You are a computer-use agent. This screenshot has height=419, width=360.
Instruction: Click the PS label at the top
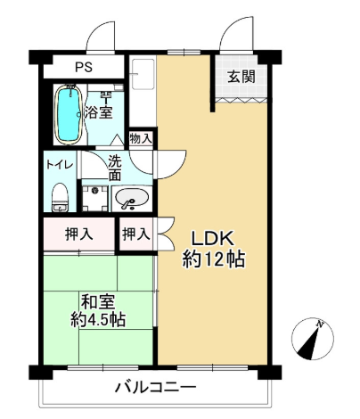tap(84, 67)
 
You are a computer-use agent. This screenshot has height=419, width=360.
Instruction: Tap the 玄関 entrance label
tap(241, 77)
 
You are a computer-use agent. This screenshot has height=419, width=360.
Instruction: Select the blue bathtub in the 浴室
tap(70, 114)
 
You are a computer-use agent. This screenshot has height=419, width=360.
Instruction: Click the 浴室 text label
tap(99, 112)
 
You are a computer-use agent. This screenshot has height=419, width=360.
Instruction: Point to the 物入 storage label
tap(141, 138)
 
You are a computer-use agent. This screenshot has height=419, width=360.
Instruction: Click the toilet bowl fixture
tap(61, 197)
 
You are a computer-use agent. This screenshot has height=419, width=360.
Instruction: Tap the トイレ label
tap(60, 165)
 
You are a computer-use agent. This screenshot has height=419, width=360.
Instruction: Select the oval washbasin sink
tap(132, 198)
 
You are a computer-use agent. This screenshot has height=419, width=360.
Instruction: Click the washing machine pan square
tap(94, 199)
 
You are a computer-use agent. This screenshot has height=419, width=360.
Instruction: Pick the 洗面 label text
tap(115, 168)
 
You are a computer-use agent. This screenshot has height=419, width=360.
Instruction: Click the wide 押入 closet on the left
tap(79, 234)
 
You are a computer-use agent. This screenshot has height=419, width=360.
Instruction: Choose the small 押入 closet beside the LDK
tap(136, 234)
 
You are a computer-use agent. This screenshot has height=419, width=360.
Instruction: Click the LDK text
tap(212, 238)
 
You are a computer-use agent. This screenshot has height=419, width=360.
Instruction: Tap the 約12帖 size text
tap(214, 259)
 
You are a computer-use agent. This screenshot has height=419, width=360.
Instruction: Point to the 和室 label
tap(98, 302)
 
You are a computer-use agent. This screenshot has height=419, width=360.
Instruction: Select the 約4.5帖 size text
tap(98, 320)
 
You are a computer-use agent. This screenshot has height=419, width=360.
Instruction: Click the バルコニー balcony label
tap(156, 388)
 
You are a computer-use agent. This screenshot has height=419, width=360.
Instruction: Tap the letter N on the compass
tap(320, 325)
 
